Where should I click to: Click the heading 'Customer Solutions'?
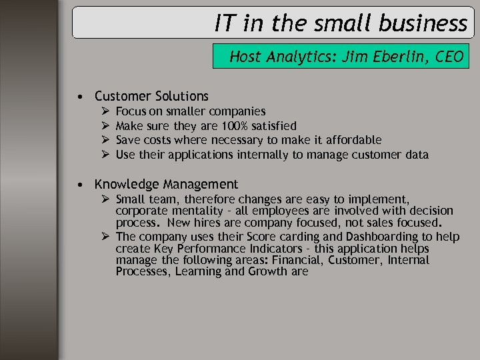[151, 96]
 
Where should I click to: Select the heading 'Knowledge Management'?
[166, 184]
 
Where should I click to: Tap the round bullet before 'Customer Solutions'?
[79, 97]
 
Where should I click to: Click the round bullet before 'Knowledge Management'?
[79, 185]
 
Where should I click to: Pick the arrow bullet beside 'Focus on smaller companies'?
[107, 111]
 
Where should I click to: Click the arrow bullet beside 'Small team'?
[107, 199]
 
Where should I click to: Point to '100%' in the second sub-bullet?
[237, 126]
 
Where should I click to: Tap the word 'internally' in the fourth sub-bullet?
[263, 155]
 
